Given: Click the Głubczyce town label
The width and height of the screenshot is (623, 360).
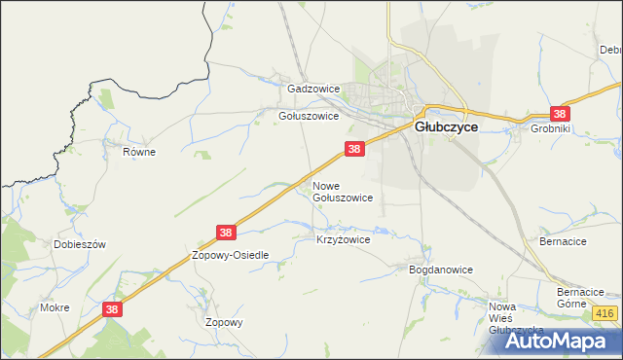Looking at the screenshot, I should click(x=446, y=126).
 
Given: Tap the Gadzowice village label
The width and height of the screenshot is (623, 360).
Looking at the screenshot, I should click(x=313, y=89).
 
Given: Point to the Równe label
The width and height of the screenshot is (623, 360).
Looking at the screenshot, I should click(x=139, y=152).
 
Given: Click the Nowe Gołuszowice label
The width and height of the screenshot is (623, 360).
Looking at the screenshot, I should click(x=342, y=191).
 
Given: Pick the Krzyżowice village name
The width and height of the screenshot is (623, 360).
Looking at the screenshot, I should click(x=344, y=239).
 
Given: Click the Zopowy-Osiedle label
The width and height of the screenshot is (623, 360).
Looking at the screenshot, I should click(x=230, y=255).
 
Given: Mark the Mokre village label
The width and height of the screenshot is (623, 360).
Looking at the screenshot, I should click(x=55, y=307).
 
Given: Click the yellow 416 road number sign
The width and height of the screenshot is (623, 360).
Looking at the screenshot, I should click(x=604, y=313).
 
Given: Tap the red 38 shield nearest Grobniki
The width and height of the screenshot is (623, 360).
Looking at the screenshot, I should click(x=560, y=113).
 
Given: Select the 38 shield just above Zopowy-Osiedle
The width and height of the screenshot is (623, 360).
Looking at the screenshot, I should click(x=226, y=233).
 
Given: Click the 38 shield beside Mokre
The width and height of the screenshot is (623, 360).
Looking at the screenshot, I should click(x=112, y=308).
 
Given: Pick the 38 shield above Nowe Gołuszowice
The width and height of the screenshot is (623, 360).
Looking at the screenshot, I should click(x=354, y=149).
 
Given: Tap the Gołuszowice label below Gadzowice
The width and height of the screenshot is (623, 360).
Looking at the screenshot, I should click(x=309, y=116).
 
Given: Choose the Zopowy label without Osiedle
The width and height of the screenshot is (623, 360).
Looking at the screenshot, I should click(x=224, y=322).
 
